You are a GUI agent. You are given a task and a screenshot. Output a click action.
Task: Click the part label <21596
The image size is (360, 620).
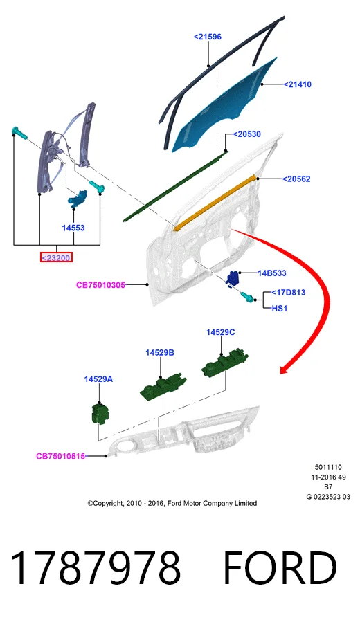[207, 37]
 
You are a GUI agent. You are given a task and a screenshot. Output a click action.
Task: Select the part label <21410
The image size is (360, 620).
[298, 84]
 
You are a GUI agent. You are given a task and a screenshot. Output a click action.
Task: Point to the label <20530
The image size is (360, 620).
[247, 134]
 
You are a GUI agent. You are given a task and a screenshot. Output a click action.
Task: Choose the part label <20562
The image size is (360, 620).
[296, 179]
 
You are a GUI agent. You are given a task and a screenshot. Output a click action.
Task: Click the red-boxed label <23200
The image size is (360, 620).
[57, 258]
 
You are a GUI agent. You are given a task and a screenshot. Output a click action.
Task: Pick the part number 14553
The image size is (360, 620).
[73, 228]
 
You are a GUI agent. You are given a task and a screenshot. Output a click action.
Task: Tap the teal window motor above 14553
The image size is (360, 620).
[78, 198]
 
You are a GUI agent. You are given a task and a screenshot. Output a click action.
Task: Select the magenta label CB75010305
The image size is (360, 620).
[100, 284]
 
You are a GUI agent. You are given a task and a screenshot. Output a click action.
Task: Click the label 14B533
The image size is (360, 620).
[272, 273]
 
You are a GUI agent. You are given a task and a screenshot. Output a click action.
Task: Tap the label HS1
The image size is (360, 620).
[279, 309]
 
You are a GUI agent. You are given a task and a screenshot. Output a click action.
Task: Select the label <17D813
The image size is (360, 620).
[289, 293]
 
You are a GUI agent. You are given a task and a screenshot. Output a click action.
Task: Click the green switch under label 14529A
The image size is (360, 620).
[99, 413]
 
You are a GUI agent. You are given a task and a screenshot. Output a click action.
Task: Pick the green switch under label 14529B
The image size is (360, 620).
[163, 387]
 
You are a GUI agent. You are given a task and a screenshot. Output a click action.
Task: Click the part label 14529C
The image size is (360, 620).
[220, 332]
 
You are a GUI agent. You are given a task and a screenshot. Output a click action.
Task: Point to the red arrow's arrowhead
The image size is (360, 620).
[286, 369]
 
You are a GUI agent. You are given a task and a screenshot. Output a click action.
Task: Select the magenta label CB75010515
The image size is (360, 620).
[60, 456]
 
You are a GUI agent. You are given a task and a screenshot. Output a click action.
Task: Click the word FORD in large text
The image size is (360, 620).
[280, 568]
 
